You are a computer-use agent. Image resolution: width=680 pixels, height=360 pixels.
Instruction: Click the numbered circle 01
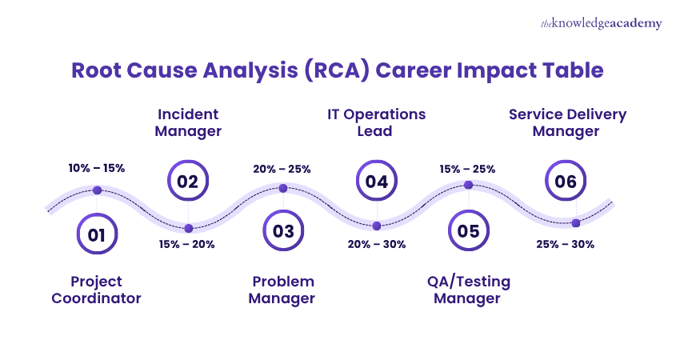pyautogui.click(x=97, y=234)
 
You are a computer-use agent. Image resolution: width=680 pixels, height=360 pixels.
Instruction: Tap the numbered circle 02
pyautogui.click(x=188, y=182)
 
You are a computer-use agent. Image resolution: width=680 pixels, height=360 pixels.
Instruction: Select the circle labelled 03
pyautogui.click(x=283, y=232)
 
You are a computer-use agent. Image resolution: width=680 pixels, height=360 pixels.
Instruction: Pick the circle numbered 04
pyautogui.click(x=376, y=182)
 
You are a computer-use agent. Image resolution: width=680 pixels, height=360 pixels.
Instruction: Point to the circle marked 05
pyautogui.click(x=469, y=232)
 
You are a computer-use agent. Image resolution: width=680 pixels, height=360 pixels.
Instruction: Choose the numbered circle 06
pyautogui.click(x=566, y=182)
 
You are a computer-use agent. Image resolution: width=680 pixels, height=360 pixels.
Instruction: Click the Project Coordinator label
pyautogui.click(x=96, y=290)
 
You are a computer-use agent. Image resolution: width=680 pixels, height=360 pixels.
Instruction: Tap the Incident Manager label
pyautogui.click(x=188, y=122)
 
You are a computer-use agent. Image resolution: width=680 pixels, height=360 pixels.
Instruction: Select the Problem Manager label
pyautogui.click(x=282, y=290)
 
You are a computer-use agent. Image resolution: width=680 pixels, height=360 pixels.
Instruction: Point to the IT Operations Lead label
pyautogui.click(x=376, y=122)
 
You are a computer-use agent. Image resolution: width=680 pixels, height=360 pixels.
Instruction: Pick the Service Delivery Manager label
pyautogui.click(x=567, y=122)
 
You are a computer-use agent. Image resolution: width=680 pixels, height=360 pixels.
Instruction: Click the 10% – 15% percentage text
pyautogui.click(x=97, y=169)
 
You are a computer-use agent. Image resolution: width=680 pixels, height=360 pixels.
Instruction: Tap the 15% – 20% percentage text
pyautogui.click(x=187, y=244)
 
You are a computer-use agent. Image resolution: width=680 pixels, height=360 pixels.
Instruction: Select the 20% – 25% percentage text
pyautogui.click(x=282, y=169)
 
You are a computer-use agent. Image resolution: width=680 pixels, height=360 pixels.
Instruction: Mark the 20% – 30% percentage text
pyautogui.click(x=376, y=244)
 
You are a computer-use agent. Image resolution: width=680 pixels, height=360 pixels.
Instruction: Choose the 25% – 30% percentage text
pyautogui.click(x=566, y=244)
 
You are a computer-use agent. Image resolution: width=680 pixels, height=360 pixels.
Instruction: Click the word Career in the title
pyautogui.click(x=413, y=70)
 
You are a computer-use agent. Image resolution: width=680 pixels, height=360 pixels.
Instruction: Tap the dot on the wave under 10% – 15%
pyautogui.click(x=97, y=190)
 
